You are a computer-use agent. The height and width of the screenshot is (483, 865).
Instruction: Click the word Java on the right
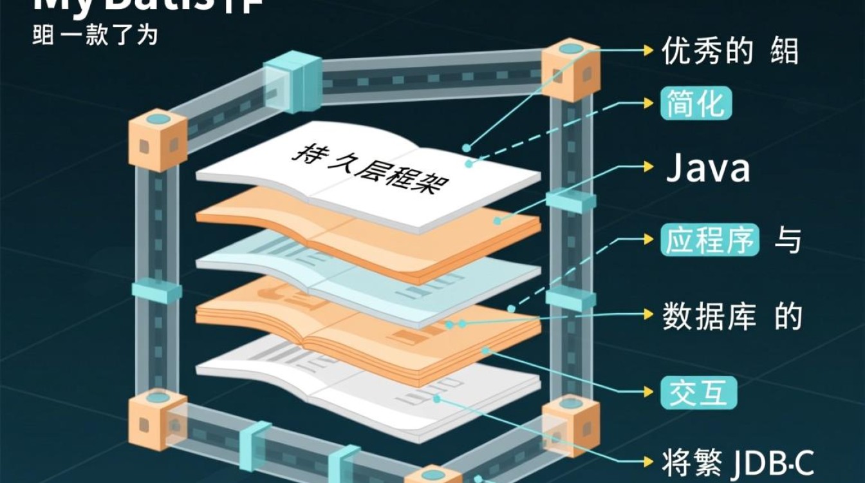[x=708, y=168]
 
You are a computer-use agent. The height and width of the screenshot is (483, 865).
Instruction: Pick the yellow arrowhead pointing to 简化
[x=649, y=103]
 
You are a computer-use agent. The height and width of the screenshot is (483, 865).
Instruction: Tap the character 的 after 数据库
[x=789, y=316]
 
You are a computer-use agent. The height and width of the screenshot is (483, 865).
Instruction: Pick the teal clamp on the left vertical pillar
[x=157, y=292]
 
